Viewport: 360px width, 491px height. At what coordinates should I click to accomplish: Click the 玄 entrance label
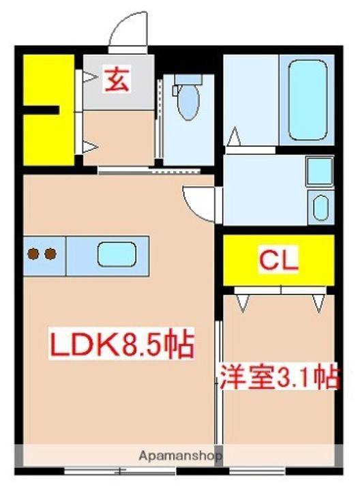click(x=117, y=80)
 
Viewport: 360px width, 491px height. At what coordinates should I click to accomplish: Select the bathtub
click(x=308, y=100)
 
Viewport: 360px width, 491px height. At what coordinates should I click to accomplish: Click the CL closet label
click(x=278, y=260)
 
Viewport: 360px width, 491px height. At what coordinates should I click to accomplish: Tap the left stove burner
click(x=33, y=254)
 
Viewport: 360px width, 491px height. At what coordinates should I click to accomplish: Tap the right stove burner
click(x=50, y=254)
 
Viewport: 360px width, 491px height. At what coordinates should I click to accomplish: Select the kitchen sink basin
click(x=117, y=254)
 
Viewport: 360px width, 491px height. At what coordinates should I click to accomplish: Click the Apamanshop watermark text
click(x=181, y=456)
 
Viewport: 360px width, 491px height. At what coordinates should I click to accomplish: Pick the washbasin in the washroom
click(x=320, y=207)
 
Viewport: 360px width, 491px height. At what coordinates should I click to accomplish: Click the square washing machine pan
click(x=320, y=172)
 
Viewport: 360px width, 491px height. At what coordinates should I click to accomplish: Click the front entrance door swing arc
click(x=127, y=27)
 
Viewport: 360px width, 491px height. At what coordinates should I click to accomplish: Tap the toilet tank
click(x=187, y=79)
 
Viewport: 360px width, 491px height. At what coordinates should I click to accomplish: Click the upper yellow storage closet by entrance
click(x=48, y=80)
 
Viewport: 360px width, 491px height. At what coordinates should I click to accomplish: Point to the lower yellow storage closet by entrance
click(x=48, y=140)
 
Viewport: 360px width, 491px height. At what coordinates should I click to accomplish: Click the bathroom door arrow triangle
click(x=234, y=136)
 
